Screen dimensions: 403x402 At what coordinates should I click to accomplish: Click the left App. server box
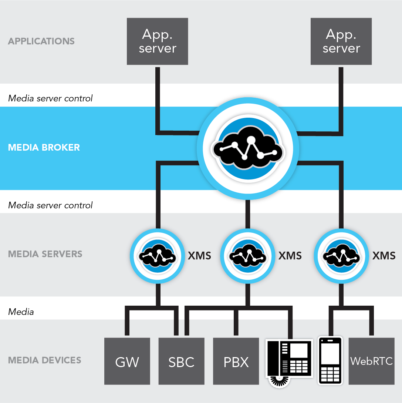pyautogui.click(x=158, y=41)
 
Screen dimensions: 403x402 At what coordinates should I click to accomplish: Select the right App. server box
pyautogui.click(x=341, y=41)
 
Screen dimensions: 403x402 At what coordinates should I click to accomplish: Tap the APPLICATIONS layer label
pyautogui.click(x=41, y=41)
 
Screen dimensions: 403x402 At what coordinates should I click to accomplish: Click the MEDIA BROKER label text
pyautogui.click(x=44, y=148)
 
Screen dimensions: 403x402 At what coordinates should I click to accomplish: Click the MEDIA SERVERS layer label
pyautogui.click(x=45, y=254)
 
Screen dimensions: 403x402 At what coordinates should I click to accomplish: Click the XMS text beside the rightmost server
pyautogui.click(x=384, y=256)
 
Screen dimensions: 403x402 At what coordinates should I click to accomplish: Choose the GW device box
pyautogui.click(x=127, y=361)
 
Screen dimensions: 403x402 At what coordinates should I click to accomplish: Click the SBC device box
pyautogui.click(x=181, y=361)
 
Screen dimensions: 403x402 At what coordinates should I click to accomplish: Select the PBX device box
pyautogui.click(x=236, y=361)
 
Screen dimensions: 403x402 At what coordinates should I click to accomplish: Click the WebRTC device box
pyautogui.click(x=371, y=361)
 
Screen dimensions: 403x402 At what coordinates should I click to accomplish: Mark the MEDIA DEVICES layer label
pyautogui.click(x=45, y=360)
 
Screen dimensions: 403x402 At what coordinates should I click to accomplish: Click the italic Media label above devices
pyautogui.click(x=21, y=312)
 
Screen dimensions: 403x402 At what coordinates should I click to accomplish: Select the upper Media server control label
pyautogui.click(x=50, y=98)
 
